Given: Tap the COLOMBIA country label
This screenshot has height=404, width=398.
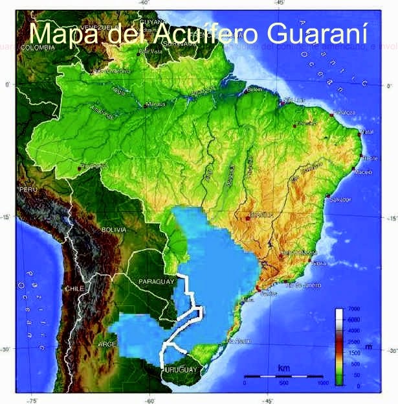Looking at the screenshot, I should [x=37, y=47].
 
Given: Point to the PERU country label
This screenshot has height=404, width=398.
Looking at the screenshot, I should [x=28, y=189].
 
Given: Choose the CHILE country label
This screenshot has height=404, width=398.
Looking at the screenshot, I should [x=74, y=288].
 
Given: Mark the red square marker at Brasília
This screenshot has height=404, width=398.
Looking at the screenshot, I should [x=248, y=219].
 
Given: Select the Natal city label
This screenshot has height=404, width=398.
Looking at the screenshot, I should [x=368, y=131].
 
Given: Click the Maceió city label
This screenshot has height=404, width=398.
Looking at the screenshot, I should [x=364, y=172].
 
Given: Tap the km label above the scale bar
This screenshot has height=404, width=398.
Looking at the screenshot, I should [x=283, y=368].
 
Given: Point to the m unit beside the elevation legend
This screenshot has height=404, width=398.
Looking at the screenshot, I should [x=368, y=346].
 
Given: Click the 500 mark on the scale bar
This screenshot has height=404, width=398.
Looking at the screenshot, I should [x=283, y=383].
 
